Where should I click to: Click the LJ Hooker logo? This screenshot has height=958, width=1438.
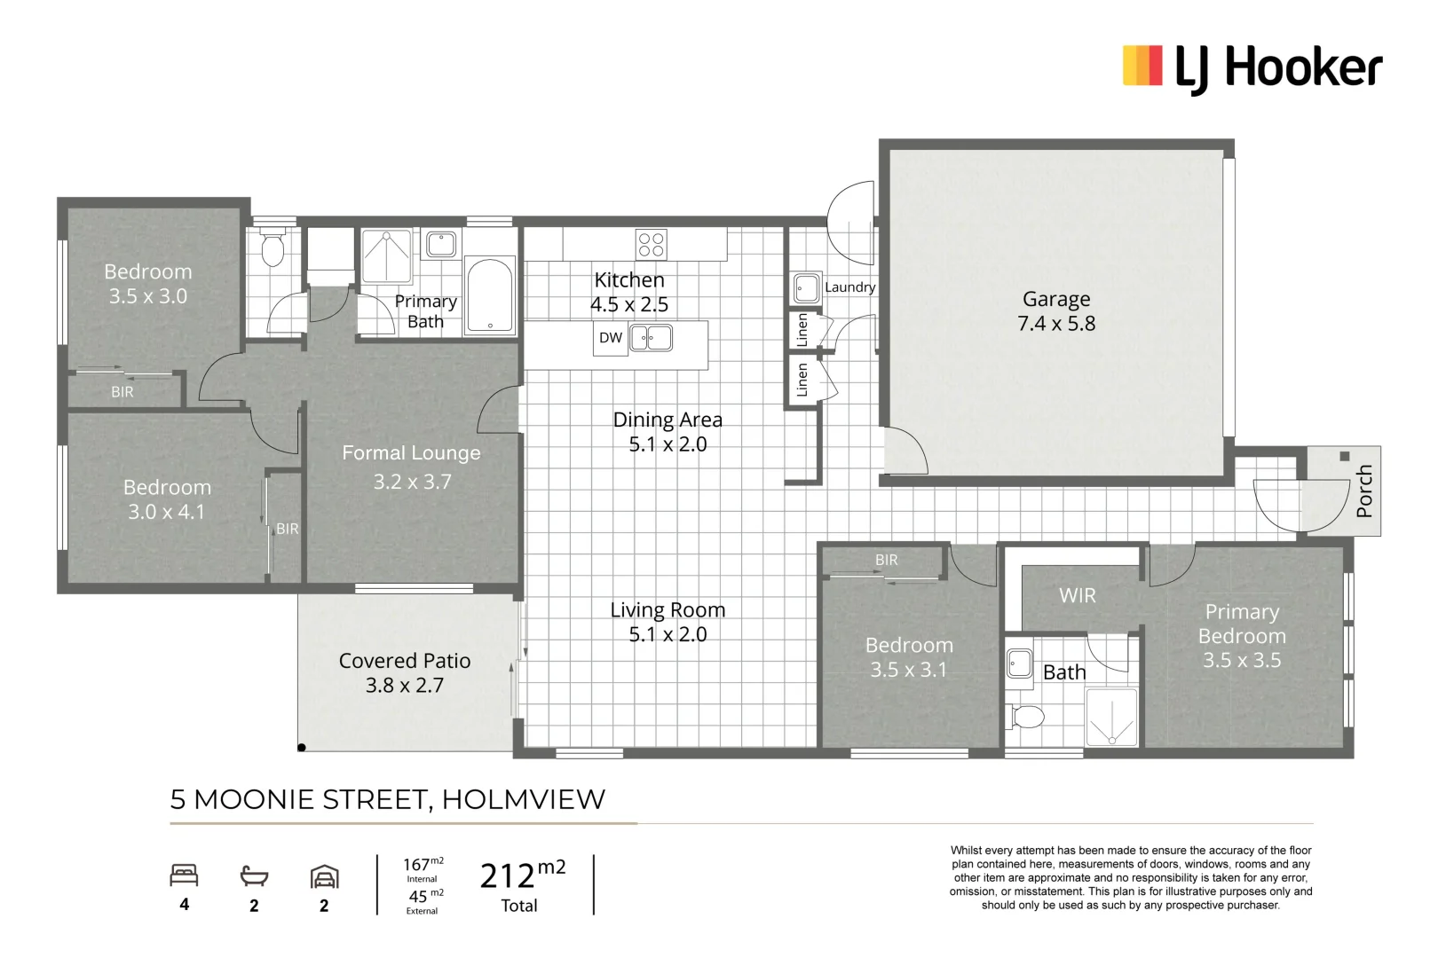(x=1252, y=68)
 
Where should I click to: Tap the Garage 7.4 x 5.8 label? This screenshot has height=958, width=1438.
(x=1056, y=311)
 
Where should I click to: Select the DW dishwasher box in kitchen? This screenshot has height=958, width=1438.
(x=611, y=338)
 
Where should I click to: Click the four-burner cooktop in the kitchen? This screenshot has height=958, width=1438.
(x=652, y=244)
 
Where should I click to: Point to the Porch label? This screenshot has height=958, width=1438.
(x=1364, y=491)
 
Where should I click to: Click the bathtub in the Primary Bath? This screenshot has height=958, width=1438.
(x=490, y=294)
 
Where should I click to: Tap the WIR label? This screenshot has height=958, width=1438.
(x=1077, y=596)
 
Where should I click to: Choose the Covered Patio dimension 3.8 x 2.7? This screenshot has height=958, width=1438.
(x=405, y=686)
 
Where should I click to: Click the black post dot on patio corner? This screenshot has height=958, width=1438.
(x=302, y=748)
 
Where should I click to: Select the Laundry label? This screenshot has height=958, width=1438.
(x=849, y=287)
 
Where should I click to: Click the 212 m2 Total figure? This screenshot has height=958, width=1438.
(x=522, y=885)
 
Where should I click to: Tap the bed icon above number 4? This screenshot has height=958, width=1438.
(x=184, y=876)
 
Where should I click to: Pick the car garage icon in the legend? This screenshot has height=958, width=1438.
(x=324, y=877)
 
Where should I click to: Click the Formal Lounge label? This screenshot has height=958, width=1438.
(x=411, y=453)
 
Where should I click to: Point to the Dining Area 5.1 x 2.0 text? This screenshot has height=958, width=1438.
(x=668, y=432)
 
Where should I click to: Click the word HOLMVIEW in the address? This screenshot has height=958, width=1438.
(x=523, y=799)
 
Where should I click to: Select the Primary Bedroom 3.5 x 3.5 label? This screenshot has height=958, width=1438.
(x=1242, y=636)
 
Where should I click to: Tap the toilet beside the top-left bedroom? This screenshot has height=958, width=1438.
(x=273, y=250)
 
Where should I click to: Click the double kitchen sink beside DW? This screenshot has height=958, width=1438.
(x=651, y=338)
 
